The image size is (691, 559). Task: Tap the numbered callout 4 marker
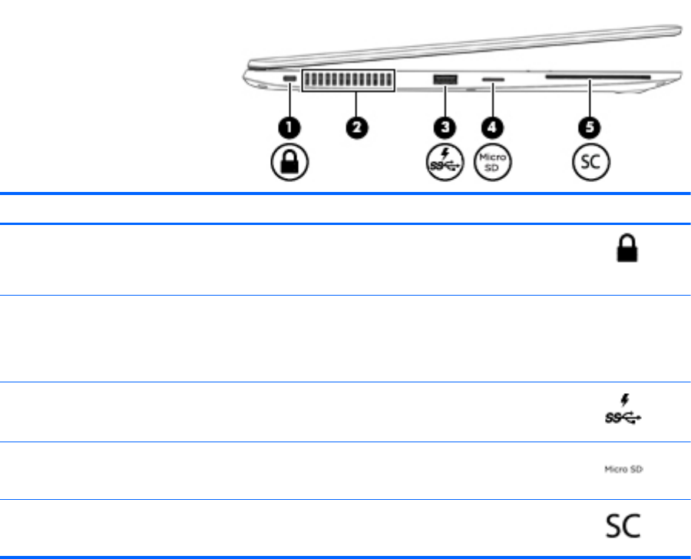tap(491, 127)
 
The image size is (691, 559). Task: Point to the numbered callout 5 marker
tap(591, 127)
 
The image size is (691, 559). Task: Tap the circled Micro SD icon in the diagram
tap(491, 164)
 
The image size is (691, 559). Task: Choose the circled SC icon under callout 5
tap(591, 164)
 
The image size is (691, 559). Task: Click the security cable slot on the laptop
tap(289, 79)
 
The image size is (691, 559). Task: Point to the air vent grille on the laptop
tap(349, 80)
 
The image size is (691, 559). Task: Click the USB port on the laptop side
tap(444, 78)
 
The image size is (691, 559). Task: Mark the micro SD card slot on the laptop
tap(491, 79)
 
